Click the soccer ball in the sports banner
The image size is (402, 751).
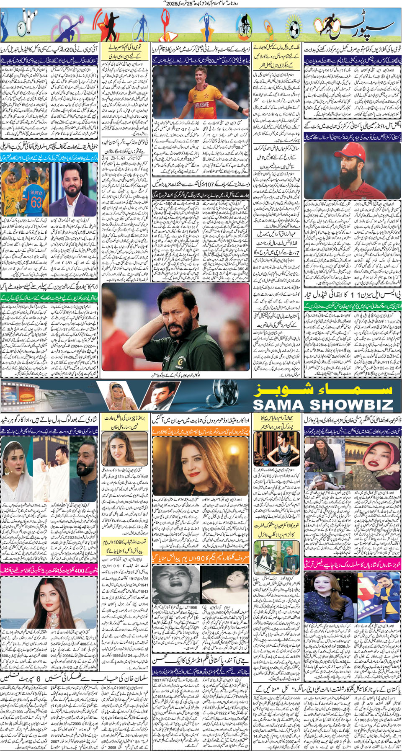(295, 29)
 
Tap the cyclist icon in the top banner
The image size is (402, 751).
(244, 26)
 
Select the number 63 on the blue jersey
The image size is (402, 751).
(37, 202)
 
